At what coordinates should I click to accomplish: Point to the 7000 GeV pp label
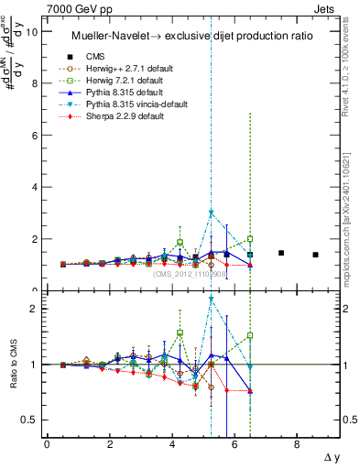click(74, 8)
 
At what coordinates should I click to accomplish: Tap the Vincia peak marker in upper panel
click(211, 213)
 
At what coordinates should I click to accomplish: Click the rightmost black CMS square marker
click(315, 255)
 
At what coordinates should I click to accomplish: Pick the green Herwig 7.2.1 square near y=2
click(250, 238)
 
